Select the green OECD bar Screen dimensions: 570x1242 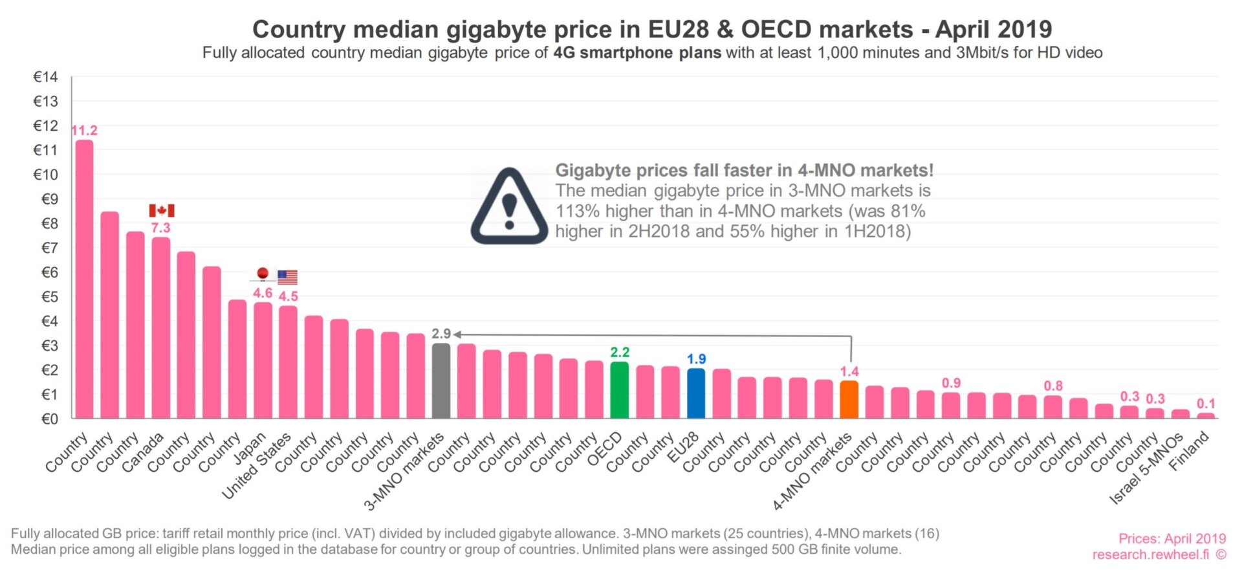coord(619,389)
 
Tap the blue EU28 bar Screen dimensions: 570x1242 coord(695,393)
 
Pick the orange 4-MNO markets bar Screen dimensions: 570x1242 coord(849,399)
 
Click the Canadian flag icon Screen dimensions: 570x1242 coord(162,210)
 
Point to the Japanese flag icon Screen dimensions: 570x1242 coord(263,274)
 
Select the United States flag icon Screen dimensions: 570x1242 coord(287,277)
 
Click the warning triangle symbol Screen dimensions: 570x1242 coord(509,207)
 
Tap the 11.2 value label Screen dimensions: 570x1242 coord(84,131)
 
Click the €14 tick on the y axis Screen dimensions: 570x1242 coord(45,77)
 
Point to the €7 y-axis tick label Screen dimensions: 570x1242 coord(49,248)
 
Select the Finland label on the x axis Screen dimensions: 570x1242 coord(1190,451)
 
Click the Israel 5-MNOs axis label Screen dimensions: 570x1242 coord(1147,468)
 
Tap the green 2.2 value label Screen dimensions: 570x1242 coord(619,352)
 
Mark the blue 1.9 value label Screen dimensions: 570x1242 coord(696,359)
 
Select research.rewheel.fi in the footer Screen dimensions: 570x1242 coord(1151,554)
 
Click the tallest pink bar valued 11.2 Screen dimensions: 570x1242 coord(84,278)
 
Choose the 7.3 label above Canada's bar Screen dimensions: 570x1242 coord(160,228)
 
